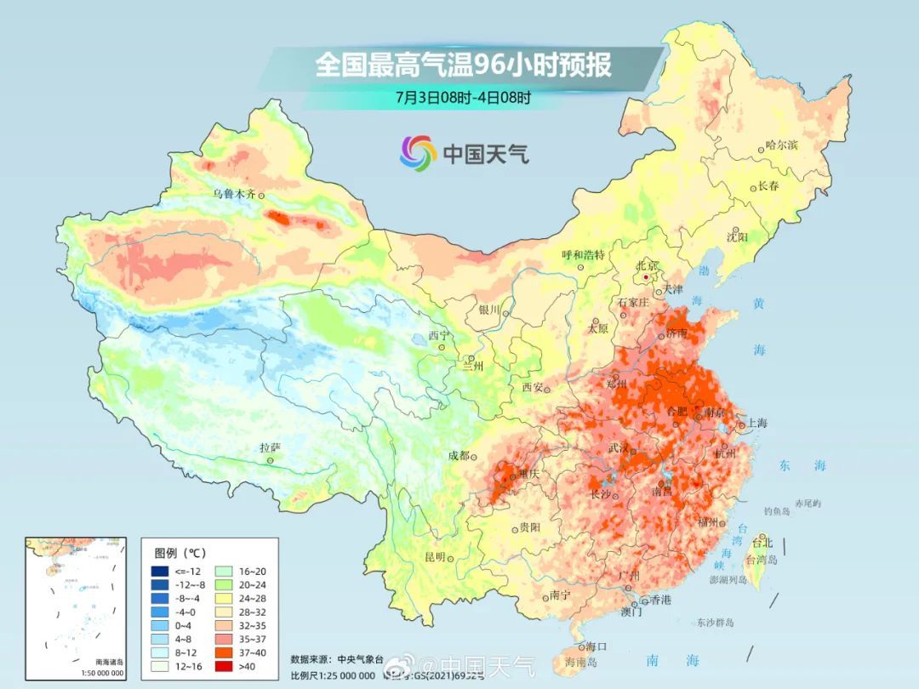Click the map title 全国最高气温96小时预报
point(464,65)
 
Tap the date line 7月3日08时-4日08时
point(463,97)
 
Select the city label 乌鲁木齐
point(233,193)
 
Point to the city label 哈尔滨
point(781,145)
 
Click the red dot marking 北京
point(647,277)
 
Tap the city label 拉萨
point(269,447)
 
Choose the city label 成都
point(459,455)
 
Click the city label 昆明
point(434,556)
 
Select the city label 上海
point(756,423)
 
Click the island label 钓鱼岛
point(778,510)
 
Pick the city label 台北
point(762,542)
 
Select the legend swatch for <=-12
point(160,572)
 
